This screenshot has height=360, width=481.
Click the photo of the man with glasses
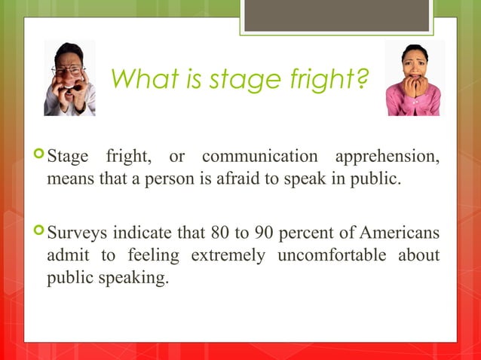69,78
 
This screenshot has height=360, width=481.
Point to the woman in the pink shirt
413,78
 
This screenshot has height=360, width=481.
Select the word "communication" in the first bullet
259,158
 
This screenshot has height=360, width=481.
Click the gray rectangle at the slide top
336,15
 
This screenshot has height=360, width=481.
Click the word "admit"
66,255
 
